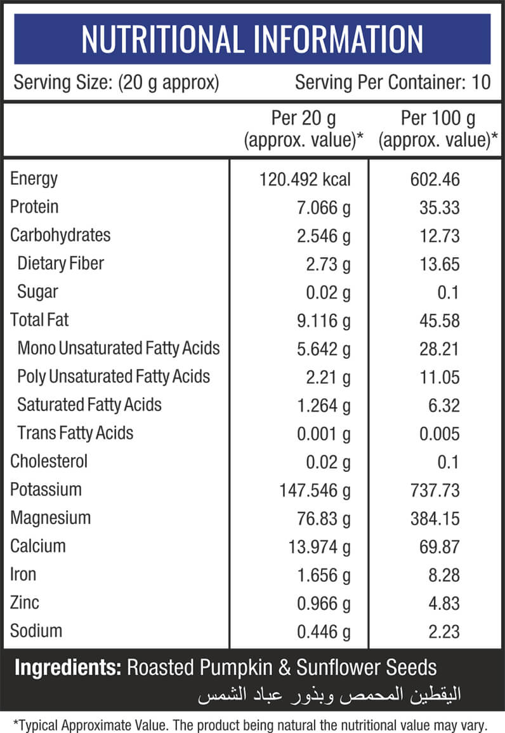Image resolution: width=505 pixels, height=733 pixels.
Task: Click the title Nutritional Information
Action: [252, 39]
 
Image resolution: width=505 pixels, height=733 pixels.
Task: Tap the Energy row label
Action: [34, 179]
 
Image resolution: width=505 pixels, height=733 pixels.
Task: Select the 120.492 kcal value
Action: [305, 180]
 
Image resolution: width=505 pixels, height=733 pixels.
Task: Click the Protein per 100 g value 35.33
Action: [439, 208]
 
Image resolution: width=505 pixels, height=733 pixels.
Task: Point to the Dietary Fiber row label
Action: [61, 264]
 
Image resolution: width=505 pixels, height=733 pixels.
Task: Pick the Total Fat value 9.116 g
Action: [324, 321]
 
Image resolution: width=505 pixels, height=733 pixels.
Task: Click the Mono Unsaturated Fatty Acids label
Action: [119, 348]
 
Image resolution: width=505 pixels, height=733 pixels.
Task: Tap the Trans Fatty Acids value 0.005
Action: [439, 434]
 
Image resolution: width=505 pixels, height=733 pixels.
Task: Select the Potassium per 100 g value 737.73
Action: [435, 490]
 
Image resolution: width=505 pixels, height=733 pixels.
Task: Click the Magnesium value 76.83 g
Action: [324, 520]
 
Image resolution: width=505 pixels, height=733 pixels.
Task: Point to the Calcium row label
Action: [38, 546]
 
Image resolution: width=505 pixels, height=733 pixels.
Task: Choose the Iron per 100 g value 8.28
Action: [444, 575]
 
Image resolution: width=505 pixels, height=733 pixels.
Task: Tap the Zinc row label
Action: [25, 603]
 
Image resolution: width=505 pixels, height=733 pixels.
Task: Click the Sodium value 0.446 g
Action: [324, 633]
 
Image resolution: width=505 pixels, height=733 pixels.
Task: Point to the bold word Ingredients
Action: [68, 668]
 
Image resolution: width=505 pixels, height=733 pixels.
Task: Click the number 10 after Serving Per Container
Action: [481, 83]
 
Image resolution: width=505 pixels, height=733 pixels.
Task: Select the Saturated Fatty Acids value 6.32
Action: [444, 406]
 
